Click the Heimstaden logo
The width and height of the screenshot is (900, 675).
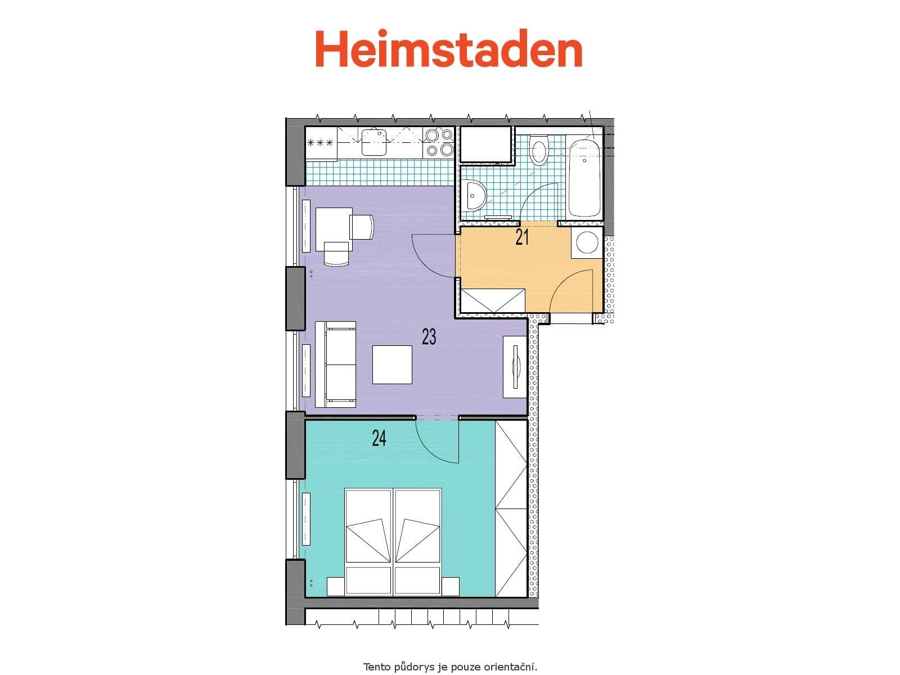448,49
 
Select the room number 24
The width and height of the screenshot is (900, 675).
379,438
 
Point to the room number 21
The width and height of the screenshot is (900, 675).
522,237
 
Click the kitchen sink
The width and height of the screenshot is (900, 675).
373,141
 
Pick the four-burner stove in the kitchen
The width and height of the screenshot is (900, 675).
439,142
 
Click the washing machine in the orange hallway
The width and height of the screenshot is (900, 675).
587,242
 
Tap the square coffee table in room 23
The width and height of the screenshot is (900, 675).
392,364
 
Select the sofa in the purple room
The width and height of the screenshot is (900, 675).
336,364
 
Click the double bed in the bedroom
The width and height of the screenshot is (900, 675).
393,541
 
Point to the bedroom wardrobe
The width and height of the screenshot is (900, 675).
511,508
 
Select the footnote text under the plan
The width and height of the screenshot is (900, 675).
450,667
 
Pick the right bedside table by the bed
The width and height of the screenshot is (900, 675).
451,586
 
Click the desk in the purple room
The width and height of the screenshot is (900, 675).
334,229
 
